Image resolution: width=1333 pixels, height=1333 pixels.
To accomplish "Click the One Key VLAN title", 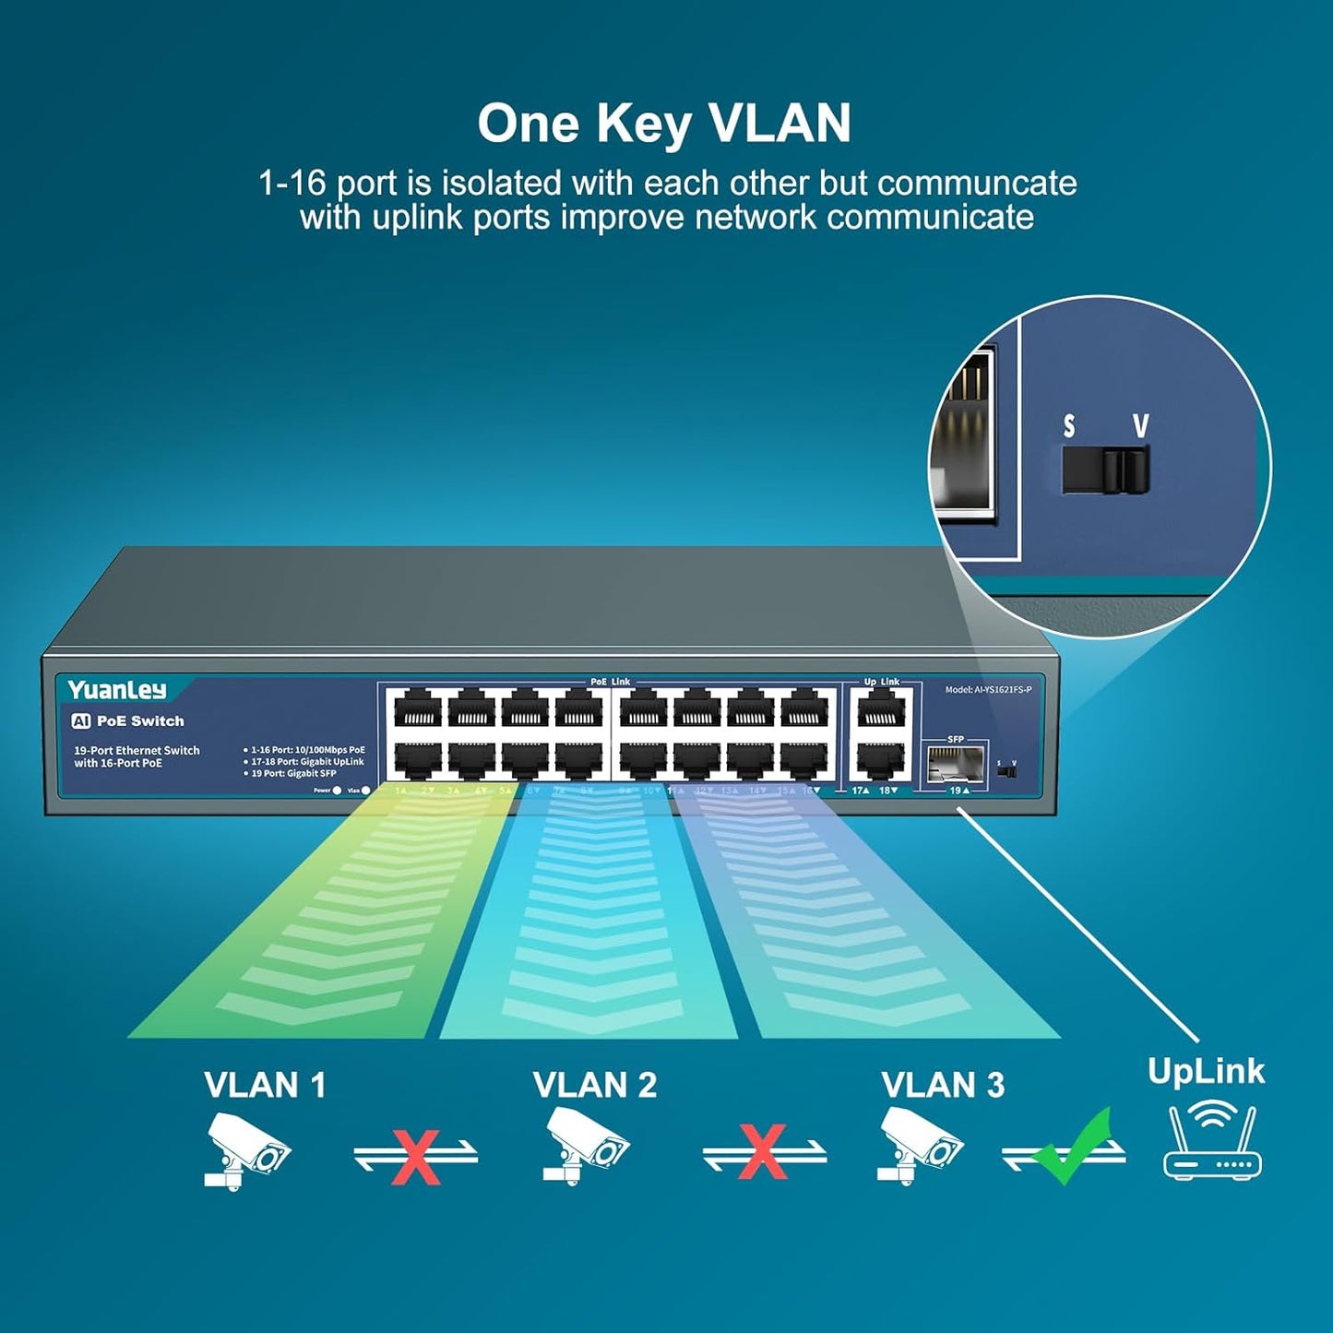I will click(664, 124).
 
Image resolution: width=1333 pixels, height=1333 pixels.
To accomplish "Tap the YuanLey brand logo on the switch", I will click(117, 690).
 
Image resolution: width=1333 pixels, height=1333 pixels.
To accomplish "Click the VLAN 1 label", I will click(265, 1085).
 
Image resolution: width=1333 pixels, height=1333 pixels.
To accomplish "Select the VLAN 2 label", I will click(595, 1085).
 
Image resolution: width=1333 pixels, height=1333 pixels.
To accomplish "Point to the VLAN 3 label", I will click(942, 1085).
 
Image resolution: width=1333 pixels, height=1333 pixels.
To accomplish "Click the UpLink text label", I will click(1206, 1071).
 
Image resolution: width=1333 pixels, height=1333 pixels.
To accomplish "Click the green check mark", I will click(1072, 1147).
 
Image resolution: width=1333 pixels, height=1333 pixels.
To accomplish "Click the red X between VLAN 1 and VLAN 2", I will click(415, 1154).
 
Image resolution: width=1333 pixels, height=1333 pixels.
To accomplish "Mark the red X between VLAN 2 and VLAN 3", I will click(763, 1151).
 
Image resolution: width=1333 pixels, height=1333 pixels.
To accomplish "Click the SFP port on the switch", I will click(955, 765).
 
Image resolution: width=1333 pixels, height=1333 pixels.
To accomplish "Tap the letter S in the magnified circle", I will click(1069, 426).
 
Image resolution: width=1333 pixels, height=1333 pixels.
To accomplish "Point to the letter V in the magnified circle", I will click(1141, 425).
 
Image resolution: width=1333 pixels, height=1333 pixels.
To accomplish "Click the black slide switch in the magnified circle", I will click(1105, 470).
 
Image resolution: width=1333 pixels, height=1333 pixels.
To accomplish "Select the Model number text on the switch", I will click(988, 690).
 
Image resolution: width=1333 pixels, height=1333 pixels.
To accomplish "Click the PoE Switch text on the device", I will click(139, 721).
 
